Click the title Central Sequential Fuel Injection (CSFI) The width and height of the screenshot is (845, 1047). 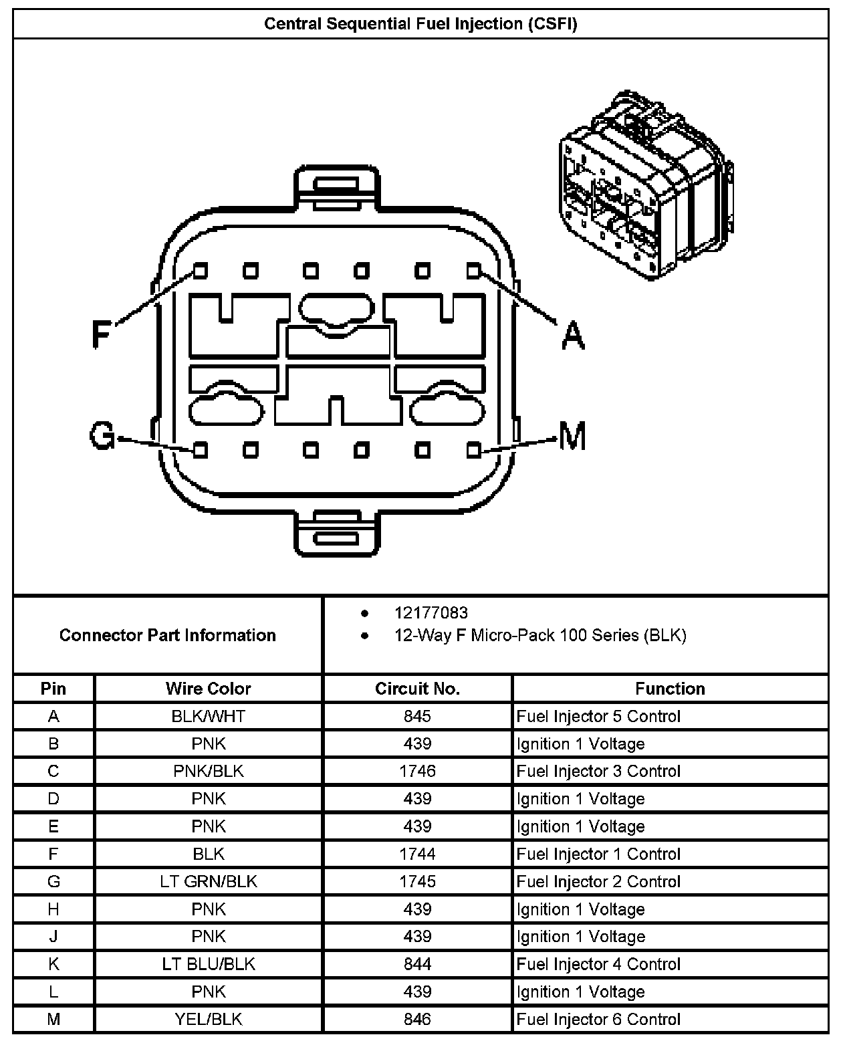420,24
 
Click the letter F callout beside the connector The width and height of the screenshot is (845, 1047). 101,334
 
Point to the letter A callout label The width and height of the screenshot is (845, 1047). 572,334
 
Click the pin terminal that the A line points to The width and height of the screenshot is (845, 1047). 473,271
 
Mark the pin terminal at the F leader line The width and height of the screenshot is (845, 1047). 200,271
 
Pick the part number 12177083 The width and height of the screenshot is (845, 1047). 431,613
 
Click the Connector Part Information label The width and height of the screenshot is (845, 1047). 167,635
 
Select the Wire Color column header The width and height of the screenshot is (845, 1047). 209,689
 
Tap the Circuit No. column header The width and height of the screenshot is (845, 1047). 417,689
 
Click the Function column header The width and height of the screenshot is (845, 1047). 670,689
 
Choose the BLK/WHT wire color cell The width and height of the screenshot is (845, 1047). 209,717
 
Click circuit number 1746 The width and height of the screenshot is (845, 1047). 417,772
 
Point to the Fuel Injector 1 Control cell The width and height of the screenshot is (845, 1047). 598,854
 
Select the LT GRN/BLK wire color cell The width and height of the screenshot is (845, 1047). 209,882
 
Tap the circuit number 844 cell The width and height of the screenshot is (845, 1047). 417,964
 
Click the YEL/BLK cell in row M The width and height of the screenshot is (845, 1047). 209,1020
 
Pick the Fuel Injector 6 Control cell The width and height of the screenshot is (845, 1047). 598,1020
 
